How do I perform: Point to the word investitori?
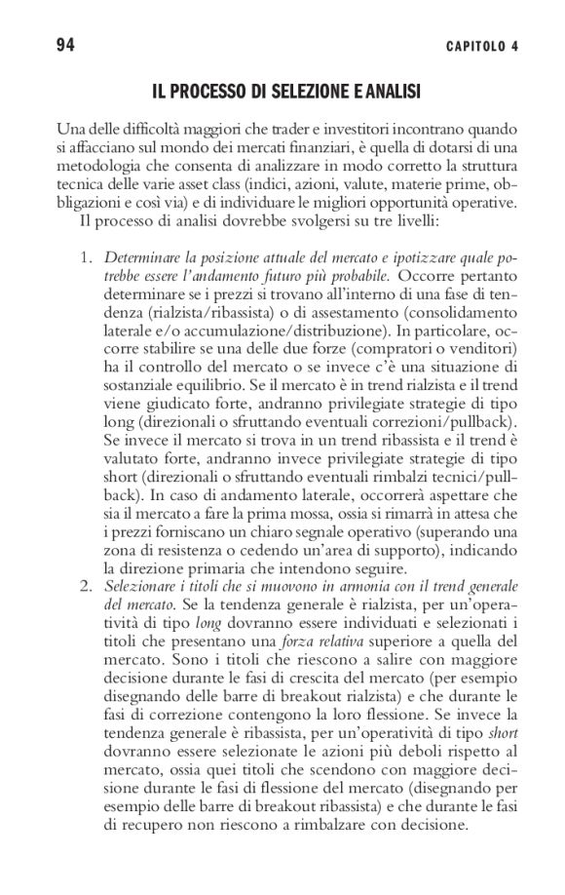point(344,129)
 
